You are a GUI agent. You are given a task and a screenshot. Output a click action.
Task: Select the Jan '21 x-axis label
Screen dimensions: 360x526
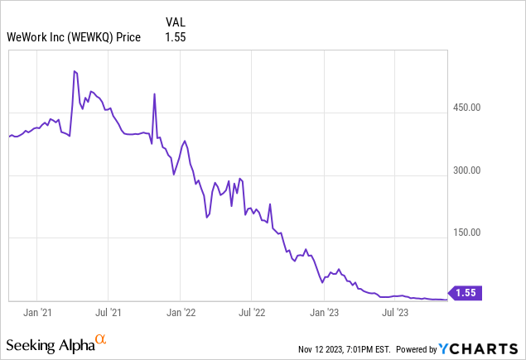(38, 312)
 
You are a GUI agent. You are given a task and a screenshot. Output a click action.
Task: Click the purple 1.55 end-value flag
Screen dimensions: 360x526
(466, 292)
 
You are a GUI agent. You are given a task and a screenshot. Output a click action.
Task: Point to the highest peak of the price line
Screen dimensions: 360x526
(75, 72)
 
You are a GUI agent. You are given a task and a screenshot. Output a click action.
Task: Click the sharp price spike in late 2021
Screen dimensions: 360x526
(155, 94)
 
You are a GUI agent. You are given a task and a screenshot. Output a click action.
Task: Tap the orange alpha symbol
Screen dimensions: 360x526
(101, 339)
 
